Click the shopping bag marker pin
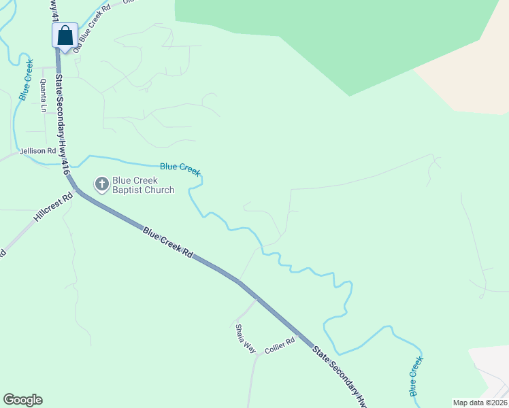[x=65, y=35]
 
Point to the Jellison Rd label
[x=38, y=151]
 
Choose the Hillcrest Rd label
[x=52, y=210]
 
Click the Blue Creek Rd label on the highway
[x=168, y=243]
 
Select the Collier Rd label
[x=280, y=345]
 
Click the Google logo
[x=23, y=400]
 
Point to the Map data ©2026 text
[x=480, y=402]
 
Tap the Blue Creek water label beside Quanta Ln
[x=26, y=80]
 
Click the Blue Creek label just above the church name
[x=180, y=169]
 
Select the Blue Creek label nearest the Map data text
[x=415, y=378]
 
